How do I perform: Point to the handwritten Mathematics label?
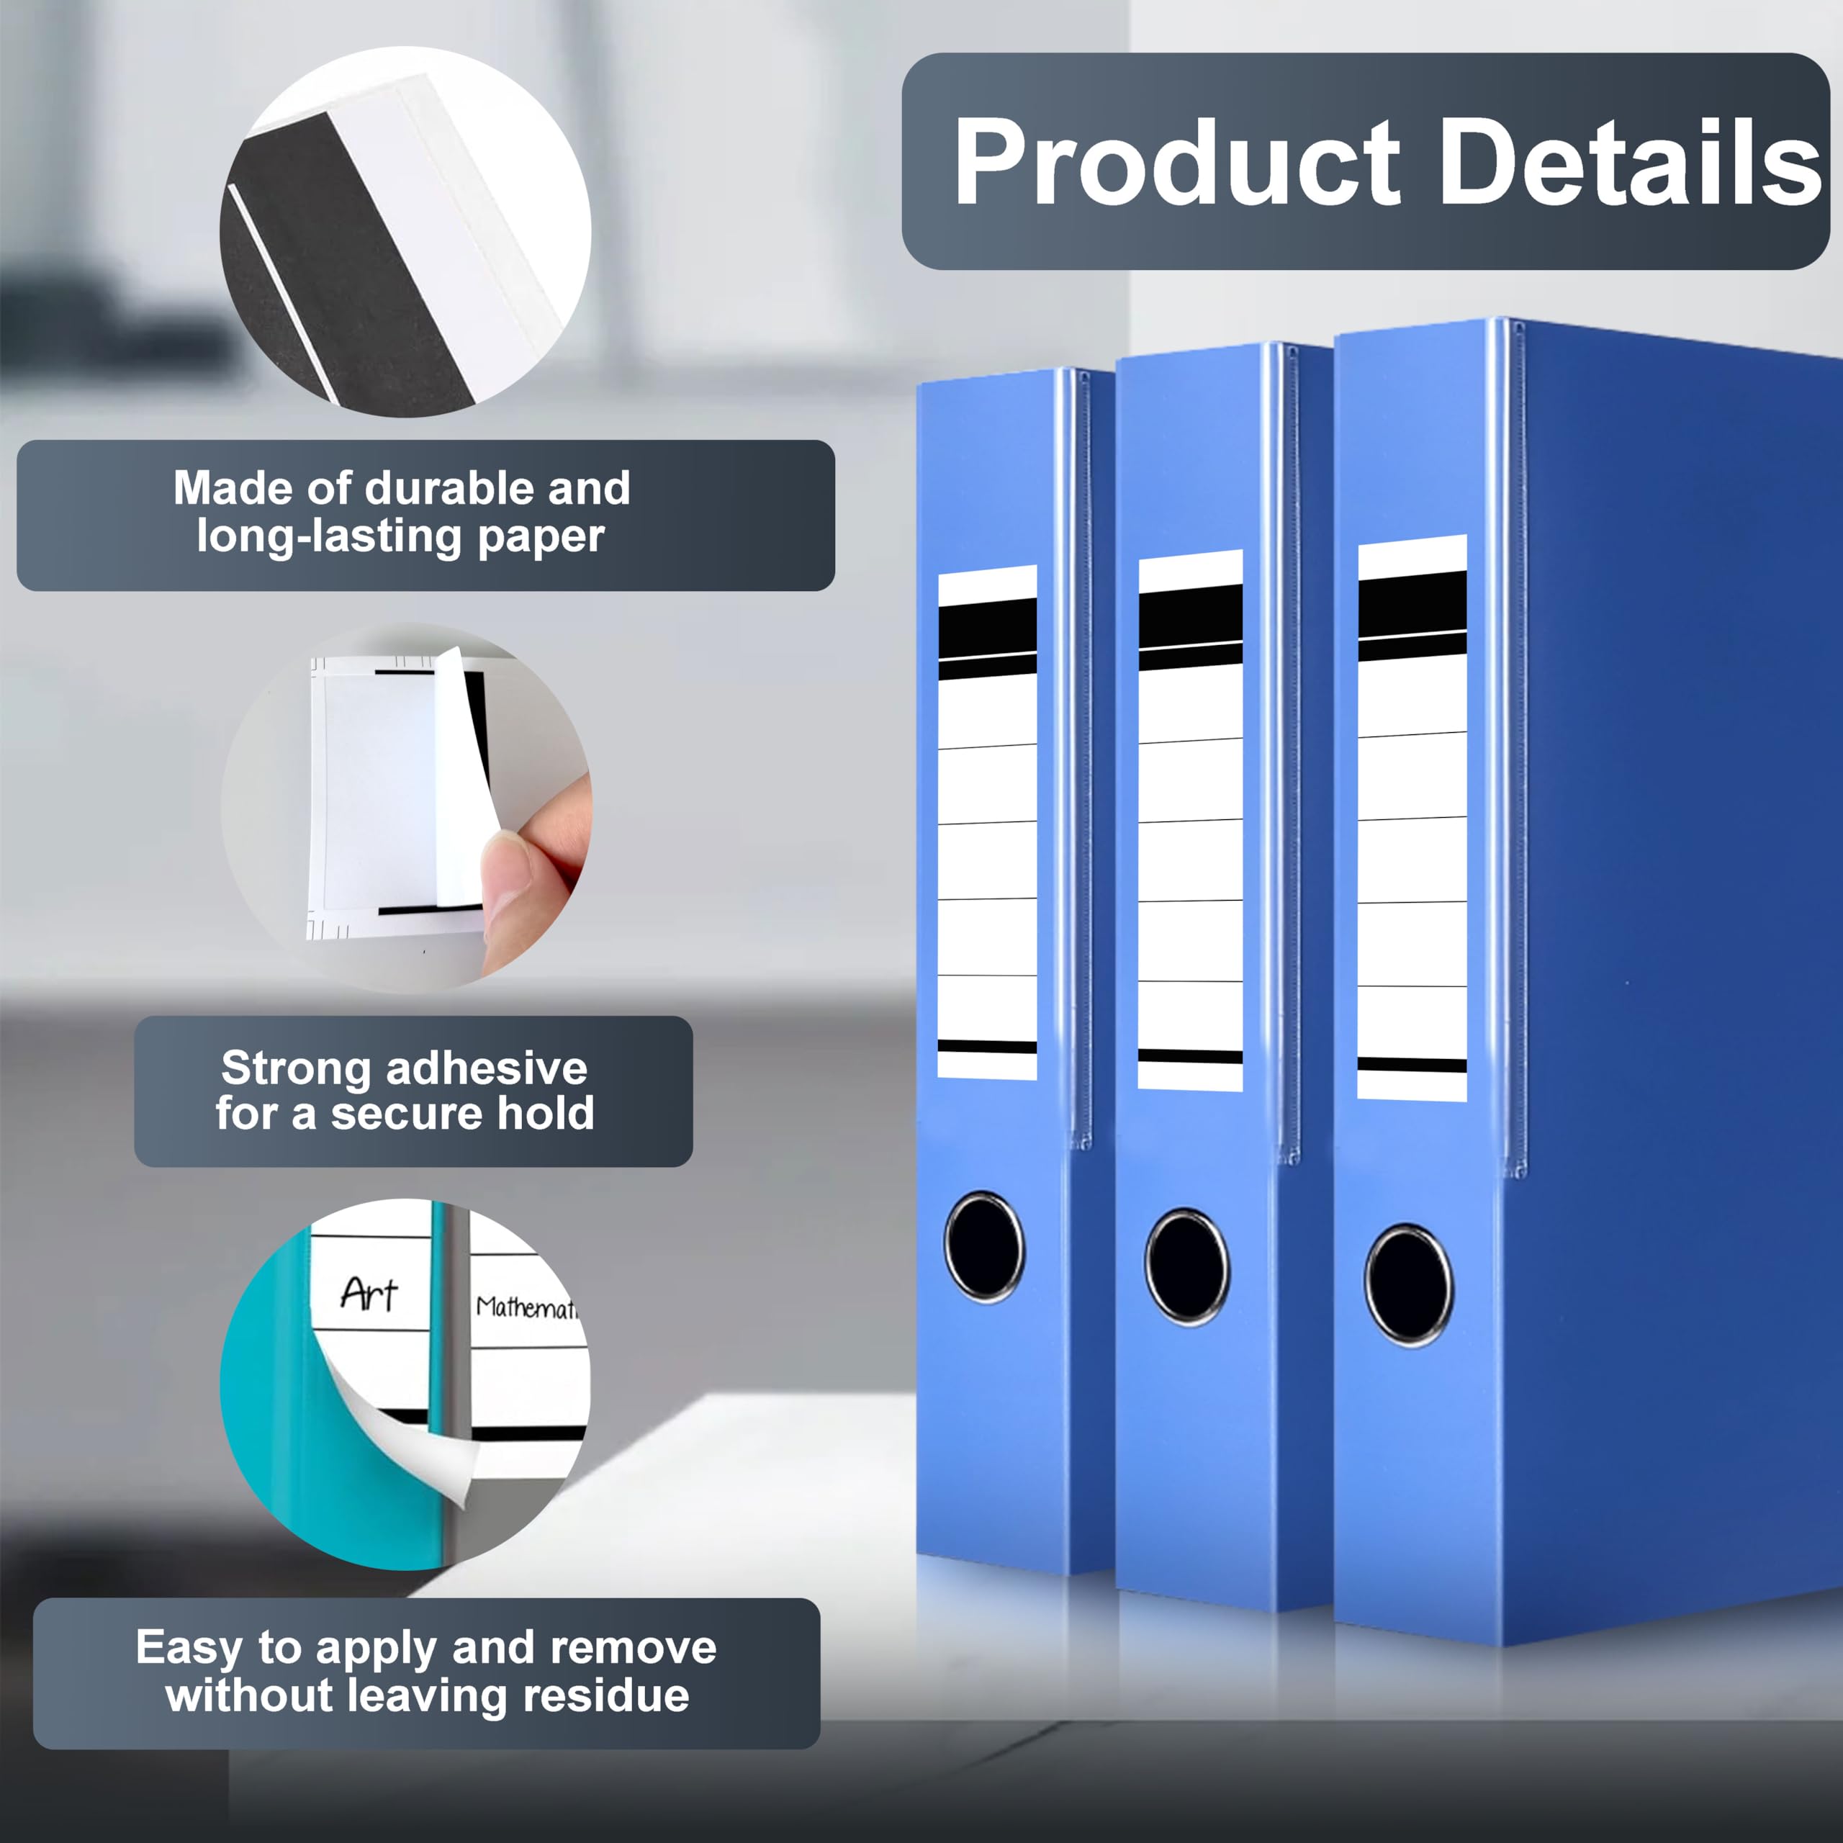526,1306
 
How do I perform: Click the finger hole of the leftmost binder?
984,1247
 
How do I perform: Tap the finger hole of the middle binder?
1188,1267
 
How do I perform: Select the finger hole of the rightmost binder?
1409,1285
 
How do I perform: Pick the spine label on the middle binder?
1191,821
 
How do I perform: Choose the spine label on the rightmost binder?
1412,819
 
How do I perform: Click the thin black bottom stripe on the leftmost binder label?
987,1047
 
